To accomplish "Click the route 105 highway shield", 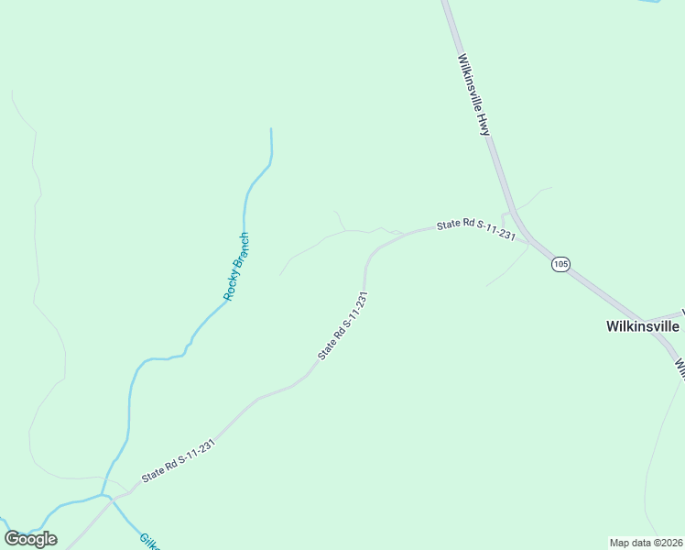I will click(x=561, y=264).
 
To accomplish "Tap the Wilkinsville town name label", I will click(x=643, y=326).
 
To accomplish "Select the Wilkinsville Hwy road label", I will click(x=473, y=93).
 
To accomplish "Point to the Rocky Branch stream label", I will click(x=236, y=267).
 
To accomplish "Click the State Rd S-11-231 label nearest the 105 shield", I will click(x=476, y=229).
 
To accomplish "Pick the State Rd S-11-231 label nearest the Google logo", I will click(x=179, y=461).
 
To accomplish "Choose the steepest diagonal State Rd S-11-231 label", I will click(x=342, y=325).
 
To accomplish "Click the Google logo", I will click(x=31, y=539).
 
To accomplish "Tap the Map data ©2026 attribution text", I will click(x=647, y=543).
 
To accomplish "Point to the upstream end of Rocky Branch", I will click(x=271, y=130).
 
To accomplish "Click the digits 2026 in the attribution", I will click(x=670, y=543).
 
